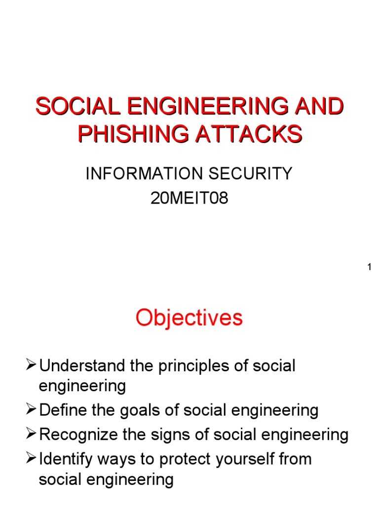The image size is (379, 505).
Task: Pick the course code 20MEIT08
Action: (x=189, y=200)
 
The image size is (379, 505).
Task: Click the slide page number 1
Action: (x=369, y=267)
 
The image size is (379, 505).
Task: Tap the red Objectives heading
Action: (x=189, y=318)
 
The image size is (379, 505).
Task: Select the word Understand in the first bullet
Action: (x=79, y=366)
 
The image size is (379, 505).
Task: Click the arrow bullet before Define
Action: (x=31, y=410)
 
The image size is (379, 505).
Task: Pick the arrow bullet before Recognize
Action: (x=31, y=435)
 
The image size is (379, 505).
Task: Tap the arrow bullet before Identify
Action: (x=31, y=459)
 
